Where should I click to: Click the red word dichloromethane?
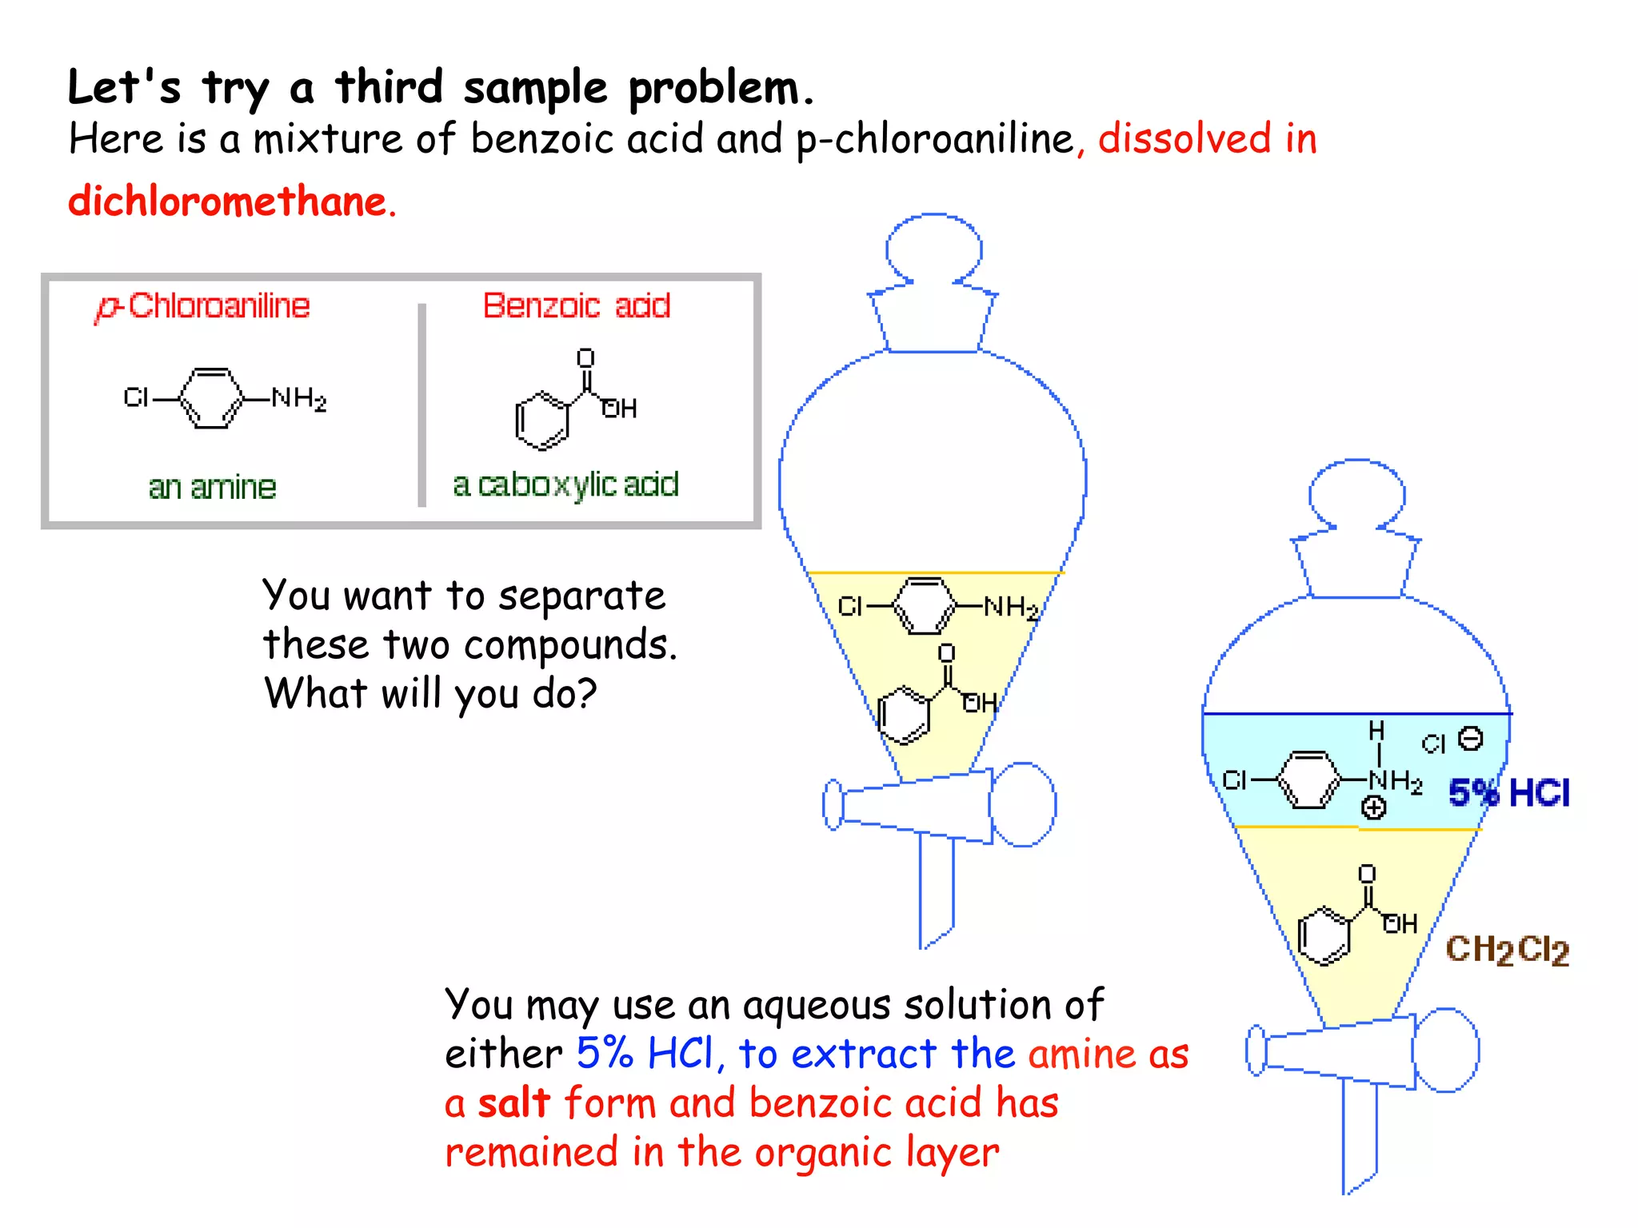(227, 201)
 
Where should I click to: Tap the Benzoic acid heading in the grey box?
(576, 305)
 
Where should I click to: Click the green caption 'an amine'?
(212, 487)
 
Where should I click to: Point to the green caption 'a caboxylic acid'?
(565, 484)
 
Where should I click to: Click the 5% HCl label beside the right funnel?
(1508, 793)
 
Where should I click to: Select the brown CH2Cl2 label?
(1507, 950)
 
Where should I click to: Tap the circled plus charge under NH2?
(1373, 808)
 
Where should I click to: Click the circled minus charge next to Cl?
(1470, 738)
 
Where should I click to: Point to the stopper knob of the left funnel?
(933, 248)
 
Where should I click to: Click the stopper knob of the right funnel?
(1356, 494)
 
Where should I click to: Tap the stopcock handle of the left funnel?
(1022, 804)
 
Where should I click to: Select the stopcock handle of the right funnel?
(1445, 1050)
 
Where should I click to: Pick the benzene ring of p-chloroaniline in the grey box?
(211, 398)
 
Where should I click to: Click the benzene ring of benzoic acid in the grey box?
(542, 421)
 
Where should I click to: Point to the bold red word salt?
(513, 1103)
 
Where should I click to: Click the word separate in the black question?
(581, 596)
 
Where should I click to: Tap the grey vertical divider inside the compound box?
(422, 405)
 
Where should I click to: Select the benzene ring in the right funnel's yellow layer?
(1324, 935)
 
